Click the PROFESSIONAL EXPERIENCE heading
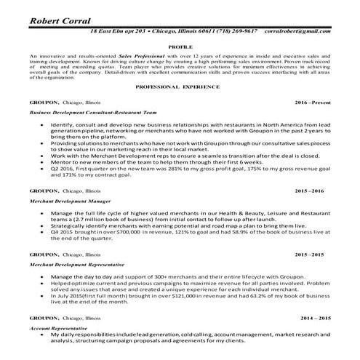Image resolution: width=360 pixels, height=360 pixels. tap(179, 87)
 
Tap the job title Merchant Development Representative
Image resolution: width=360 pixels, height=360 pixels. tap(77, 266)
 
